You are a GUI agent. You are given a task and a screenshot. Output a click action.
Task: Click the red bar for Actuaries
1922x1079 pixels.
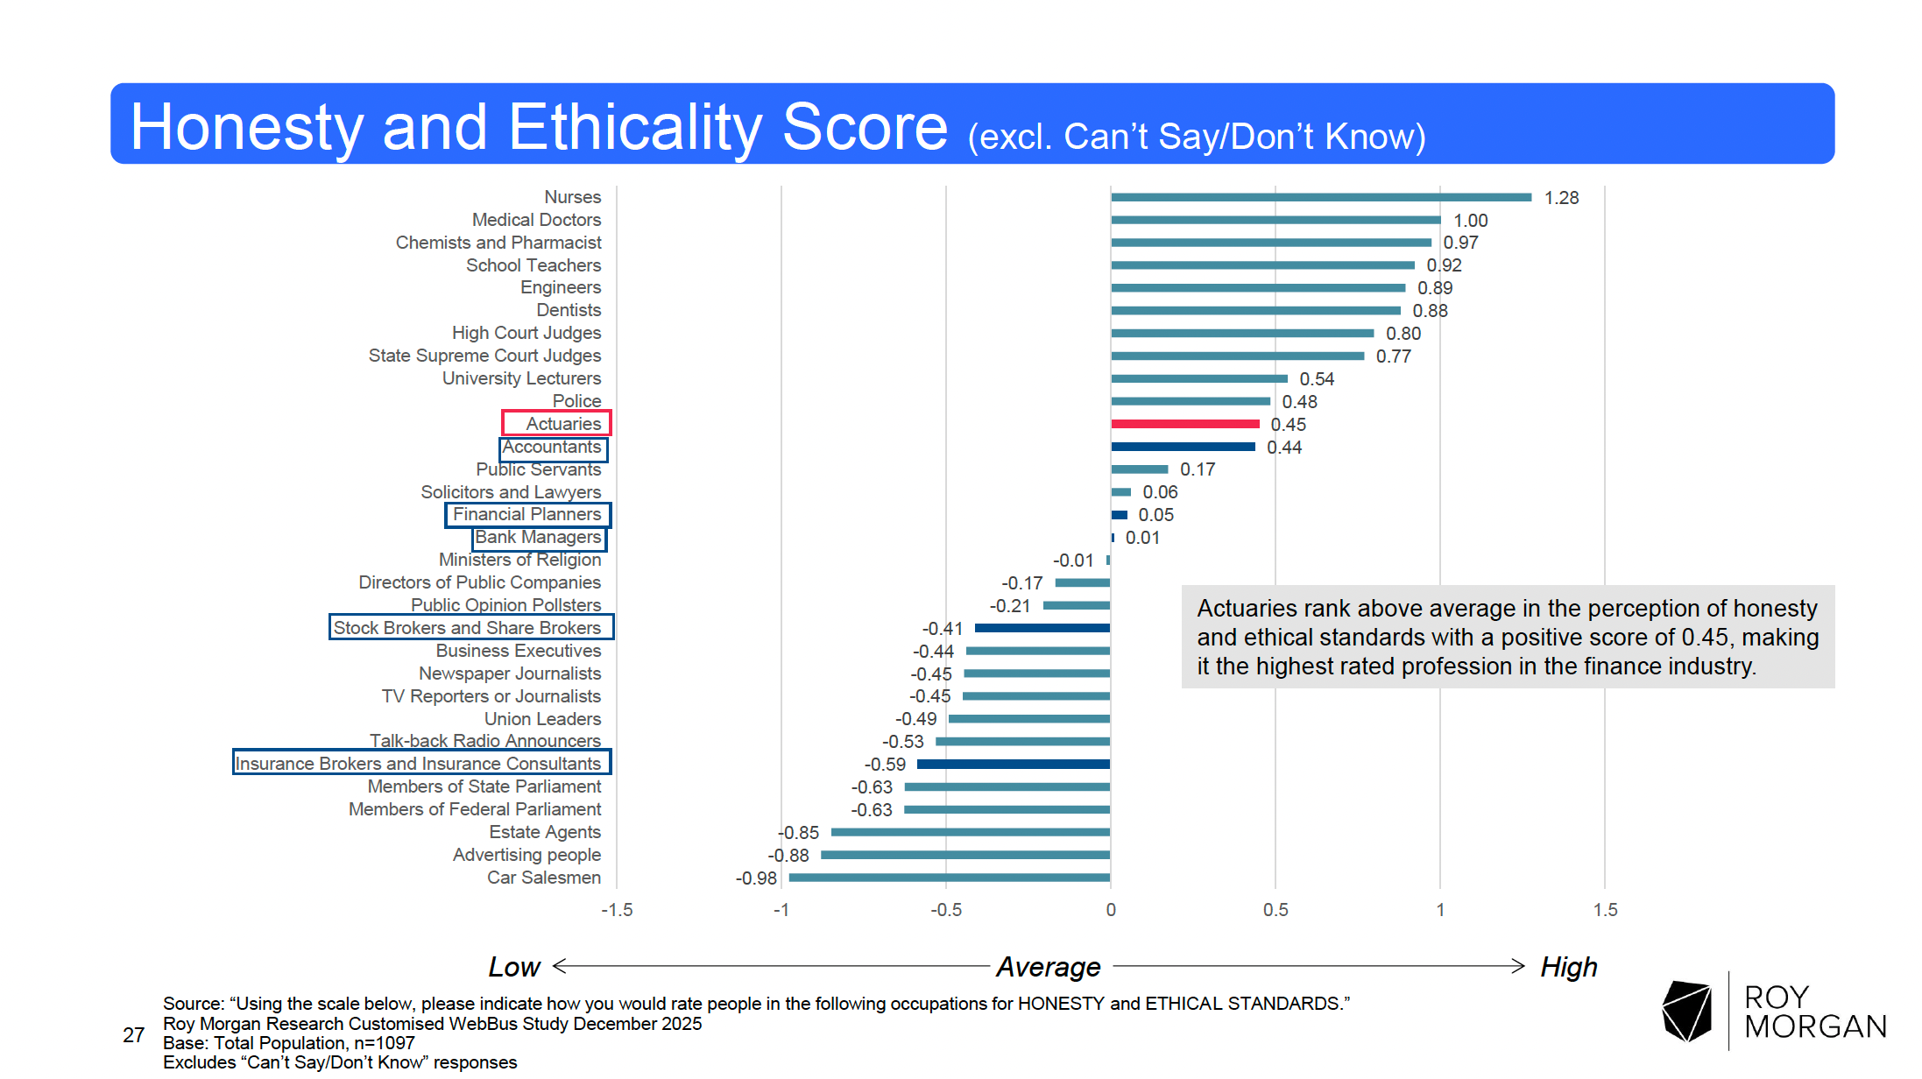click(x=1184, y=424)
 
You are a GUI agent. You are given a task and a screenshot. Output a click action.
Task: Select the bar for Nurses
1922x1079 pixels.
click(x=1320, y=197)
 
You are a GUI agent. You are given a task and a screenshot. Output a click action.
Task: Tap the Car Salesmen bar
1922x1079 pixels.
click(x=949, y=878)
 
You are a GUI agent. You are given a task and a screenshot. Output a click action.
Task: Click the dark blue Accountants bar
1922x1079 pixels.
click(x=1183, y=447)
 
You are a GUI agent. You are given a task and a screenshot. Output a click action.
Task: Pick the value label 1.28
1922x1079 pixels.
click(x=1561, y=198)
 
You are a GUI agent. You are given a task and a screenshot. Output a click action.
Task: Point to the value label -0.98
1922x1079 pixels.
click(x=756, y=878)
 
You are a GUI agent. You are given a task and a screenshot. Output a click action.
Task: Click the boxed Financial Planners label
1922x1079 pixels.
click(x=527, y=514)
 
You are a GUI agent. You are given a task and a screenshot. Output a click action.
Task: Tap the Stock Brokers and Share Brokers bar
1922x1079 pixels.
click(x=1042, y=628)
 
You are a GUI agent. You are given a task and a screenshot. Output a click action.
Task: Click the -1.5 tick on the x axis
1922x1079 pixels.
click(x=617, y=910)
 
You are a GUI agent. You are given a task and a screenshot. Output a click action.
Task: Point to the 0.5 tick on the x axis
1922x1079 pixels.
click(x=1275, y=910)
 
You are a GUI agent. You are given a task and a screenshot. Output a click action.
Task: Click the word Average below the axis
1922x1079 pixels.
click(x=1049, y=967)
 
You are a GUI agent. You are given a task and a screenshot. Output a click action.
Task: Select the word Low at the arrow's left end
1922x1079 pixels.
click(x=514, y=967)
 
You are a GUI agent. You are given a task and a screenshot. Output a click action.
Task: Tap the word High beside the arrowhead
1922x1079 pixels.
click(x=1569, y=967)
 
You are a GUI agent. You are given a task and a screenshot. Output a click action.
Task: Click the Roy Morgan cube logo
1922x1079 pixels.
click(x=1686, y=1011)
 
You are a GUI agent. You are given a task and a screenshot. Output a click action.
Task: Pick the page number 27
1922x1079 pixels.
click(x=133, y=1035)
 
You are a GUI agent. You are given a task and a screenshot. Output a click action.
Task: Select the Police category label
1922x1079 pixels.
click(x=576, y=401)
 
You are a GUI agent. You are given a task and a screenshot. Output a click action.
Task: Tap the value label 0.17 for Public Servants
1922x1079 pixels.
click(x=1198, y=469)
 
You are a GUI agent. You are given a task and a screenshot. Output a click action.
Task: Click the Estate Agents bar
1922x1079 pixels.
click(x=970, y=832)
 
